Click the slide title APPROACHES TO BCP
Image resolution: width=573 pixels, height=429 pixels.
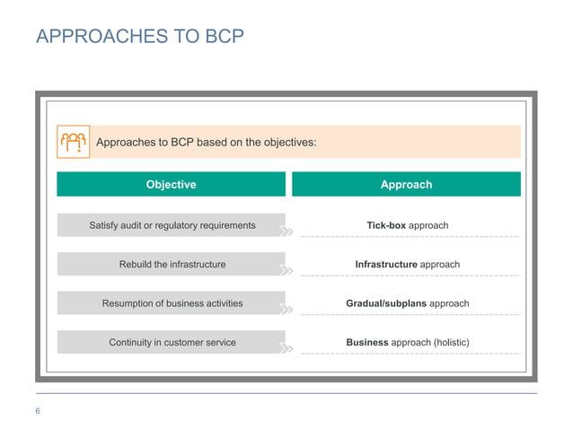click(x=139, y=37)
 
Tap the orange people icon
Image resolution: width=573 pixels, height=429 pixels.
click(x=73, y=142)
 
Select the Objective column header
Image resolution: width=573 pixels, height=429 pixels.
click(x=171, y=184)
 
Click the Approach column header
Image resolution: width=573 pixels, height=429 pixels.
click(x=406, y=184)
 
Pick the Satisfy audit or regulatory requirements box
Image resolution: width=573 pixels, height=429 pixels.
click(x=172, y=225)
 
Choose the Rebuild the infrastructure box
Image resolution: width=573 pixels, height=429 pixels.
click(x=172, y=265)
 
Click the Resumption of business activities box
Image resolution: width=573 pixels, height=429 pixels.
click(x=172, y=303)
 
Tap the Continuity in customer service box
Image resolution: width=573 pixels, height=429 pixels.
click(x=172, y=342)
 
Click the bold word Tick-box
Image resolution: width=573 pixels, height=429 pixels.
click(x=386, y=225)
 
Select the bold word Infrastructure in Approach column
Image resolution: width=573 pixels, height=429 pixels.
click(x=386, y=265)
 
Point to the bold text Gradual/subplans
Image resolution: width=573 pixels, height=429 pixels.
click(x=386, y=303)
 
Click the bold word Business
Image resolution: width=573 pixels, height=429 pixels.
click(x=367, y=342)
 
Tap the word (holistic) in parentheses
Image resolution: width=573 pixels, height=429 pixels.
click(x=451, y=342)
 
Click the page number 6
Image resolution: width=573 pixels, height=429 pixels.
click(x=39, y=411)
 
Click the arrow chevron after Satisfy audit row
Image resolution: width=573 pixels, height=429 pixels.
click(x=286, y=232)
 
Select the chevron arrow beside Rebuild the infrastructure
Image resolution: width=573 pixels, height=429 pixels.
click(x=286, y=270)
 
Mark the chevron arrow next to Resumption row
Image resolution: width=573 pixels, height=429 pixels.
click(x=286, y=310)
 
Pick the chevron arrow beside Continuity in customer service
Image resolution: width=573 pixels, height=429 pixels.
click(x=286, y=348)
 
